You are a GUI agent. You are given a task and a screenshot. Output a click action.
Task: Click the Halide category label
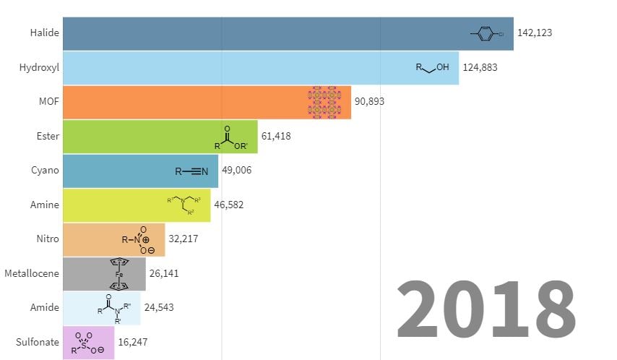[45, 33]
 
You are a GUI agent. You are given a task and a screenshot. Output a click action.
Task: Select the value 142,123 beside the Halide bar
[535, 33]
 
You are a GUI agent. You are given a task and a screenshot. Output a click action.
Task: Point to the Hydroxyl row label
[39, 67]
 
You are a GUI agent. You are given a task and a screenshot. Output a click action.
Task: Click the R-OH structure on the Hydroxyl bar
[432, 67]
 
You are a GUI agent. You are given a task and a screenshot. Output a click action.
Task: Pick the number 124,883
[480, 67]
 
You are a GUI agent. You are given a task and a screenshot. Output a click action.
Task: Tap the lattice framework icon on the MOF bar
[324, 102]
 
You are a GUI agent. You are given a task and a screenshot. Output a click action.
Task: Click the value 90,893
[368, 102]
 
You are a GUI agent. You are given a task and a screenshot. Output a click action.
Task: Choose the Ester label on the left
[48, 136]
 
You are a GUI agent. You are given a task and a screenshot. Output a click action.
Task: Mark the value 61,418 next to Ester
[276, 136]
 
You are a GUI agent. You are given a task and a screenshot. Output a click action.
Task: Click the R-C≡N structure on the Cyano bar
[191, 171]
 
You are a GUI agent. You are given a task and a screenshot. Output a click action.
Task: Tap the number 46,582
[229, 205]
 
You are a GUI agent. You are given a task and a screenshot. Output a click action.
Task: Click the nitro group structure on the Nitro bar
[135, 240]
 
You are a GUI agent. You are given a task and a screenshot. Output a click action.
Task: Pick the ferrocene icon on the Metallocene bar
[119, 274]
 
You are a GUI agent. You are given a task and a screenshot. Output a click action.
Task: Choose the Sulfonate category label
[37, 342]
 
